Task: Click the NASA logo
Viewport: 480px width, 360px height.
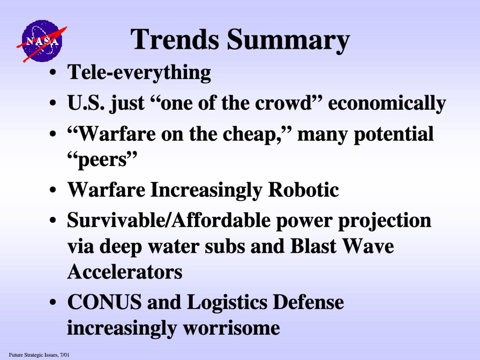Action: pos(42,41)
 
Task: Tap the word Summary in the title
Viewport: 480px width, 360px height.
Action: pos(288,41)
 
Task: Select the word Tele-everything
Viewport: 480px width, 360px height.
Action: pos(139,73)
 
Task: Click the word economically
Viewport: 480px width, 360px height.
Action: pos(387,104)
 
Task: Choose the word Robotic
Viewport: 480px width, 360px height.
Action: pos(303,190)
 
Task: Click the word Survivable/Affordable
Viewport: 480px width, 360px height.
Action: pos(169,220)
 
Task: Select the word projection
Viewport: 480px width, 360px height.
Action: pos(384,221)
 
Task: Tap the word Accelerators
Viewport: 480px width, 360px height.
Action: pos(125,271)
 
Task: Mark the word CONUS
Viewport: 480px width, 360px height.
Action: pos(105,302)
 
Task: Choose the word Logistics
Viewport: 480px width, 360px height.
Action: pos(227,303)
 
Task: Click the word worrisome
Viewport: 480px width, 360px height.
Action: pos(232,328)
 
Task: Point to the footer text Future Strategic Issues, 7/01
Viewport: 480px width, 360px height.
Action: pos(39,355)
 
